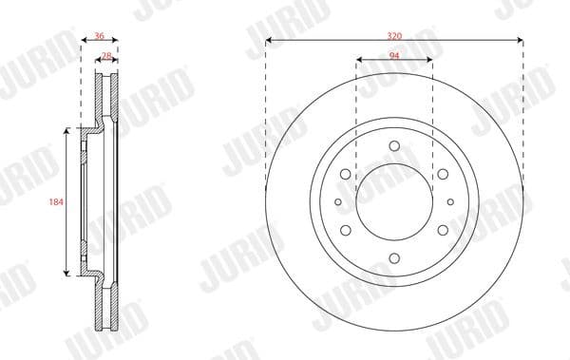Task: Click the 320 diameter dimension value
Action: (x=394, y=35)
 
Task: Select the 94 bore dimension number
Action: (x=393, y=57)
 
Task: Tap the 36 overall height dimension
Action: (x=100, y=35)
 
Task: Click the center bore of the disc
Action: (x=394, y=201)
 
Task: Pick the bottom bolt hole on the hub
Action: (x=394, y=257)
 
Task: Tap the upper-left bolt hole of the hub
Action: (x=346, y=174)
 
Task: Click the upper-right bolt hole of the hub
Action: (x=443, y=174)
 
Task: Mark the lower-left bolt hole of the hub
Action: (x=346, y=230)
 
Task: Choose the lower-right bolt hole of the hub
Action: (x=443, y=230)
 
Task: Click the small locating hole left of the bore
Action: (x=338, y=201)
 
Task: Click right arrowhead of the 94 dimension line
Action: (x=429, y=63)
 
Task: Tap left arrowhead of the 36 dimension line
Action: (x=83, y=41)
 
